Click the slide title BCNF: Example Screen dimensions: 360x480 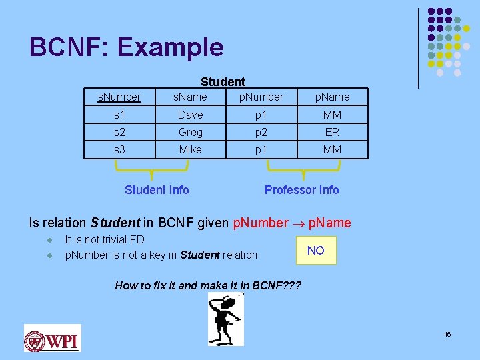pos(127,47)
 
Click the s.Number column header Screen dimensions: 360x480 pos(119,97)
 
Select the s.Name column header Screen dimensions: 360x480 pos(190,97)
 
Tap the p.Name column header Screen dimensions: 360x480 pos(332,97)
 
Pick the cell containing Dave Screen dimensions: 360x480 pos(190,115)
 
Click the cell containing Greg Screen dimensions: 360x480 pos(190,132)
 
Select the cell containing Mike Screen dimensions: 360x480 pos(190,149)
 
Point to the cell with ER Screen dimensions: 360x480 pos(332,132)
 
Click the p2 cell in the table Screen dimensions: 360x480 pos(261,132)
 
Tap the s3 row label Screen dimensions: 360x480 pos(119,149)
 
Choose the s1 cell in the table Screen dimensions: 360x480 pos(119,115)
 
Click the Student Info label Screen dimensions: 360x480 pos(157,190)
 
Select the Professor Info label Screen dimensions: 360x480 pos(301,190)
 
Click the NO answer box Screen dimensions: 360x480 pos(316,251)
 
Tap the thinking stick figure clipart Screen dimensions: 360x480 pos(226,319)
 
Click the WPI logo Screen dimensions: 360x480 pos(52,338)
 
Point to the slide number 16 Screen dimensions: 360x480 pos(447,333)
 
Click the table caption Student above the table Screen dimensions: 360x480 pos(223,82)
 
